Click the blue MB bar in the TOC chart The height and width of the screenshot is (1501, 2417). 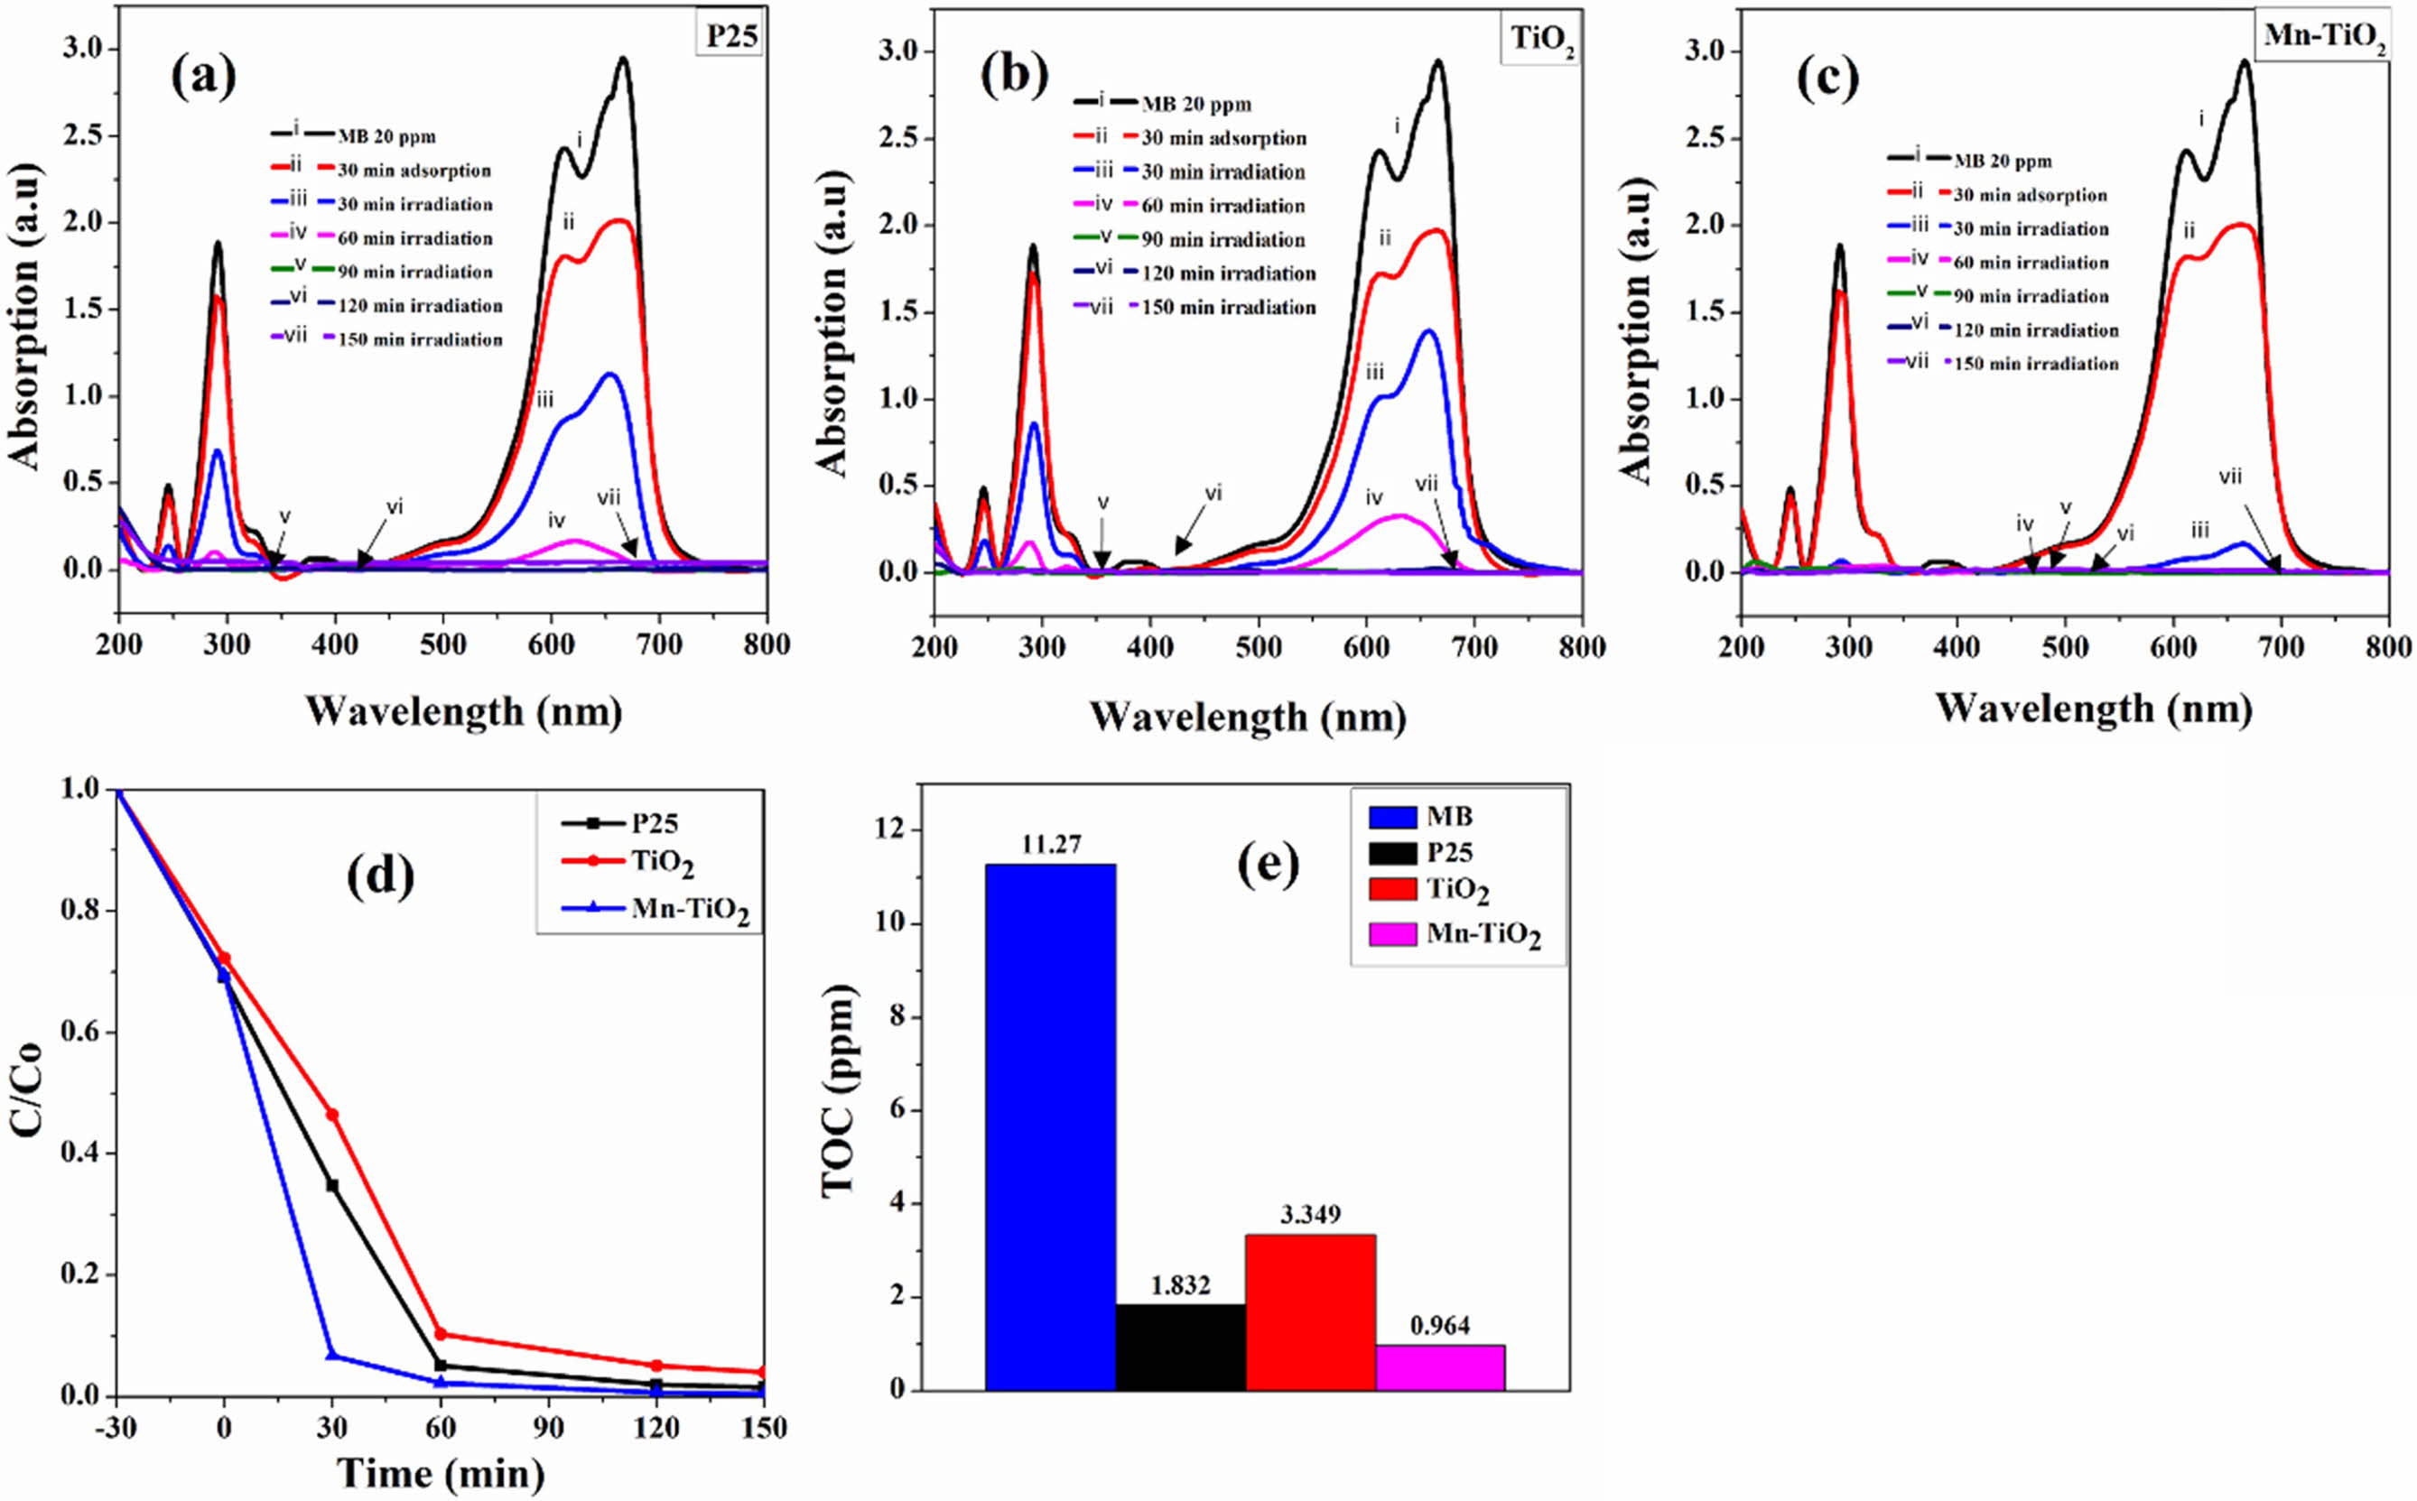point(1050,1126)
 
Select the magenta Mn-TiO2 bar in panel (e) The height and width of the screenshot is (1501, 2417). point(1440,1367)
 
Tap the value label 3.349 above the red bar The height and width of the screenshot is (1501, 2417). point(1310,1215)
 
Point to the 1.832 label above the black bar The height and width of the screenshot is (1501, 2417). point(1180,1285)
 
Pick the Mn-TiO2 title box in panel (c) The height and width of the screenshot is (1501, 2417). point(2325,36)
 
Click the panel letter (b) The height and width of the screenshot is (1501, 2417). point(1014,79)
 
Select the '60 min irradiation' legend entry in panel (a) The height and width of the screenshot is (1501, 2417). point(414,238)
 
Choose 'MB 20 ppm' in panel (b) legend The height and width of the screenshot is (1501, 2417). point(1195,104)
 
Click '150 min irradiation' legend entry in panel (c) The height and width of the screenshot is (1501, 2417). point(2036,365)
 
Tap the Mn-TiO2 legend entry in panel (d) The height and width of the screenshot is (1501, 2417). point(689,908)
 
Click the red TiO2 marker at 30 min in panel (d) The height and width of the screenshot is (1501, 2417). point(331,1115)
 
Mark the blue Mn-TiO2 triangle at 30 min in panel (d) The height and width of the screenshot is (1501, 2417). point(331,1355)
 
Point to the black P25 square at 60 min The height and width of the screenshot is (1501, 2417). point(441,1366)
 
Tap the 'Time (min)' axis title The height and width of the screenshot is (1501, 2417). point(439,1473)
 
